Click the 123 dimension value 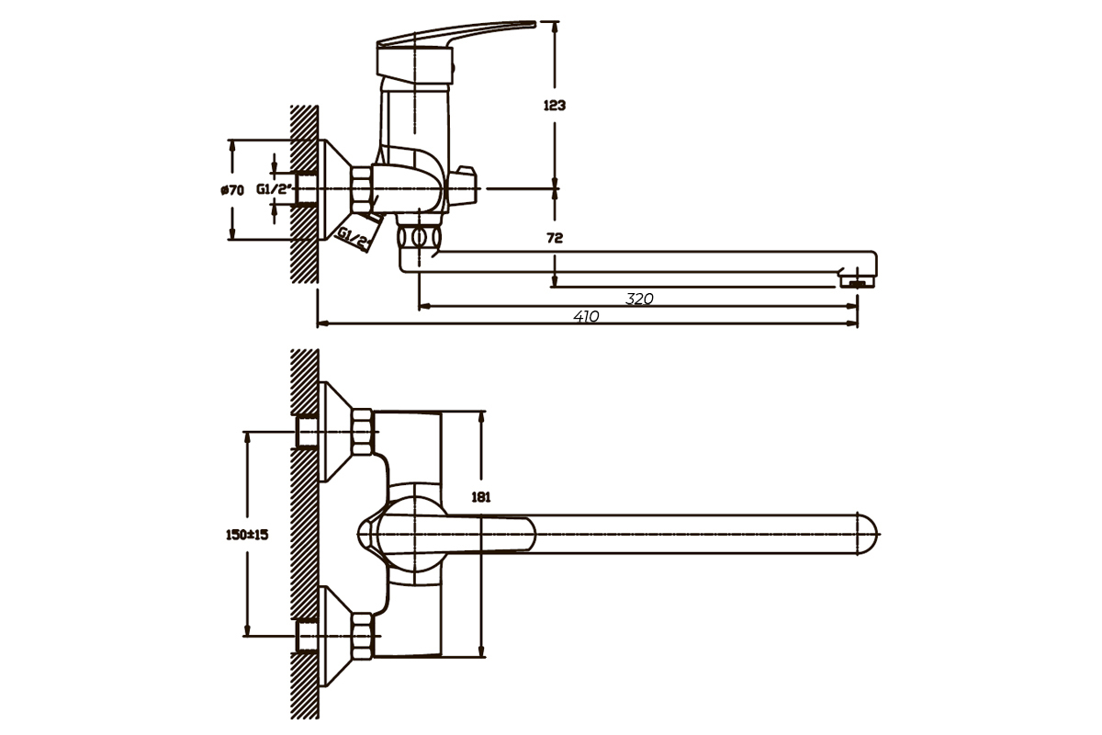555,106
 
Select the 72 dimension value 555,238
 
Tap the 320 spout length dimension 639,299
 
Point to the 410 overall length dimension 586,317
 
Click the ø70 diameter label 232,189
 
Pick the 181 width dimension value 480,497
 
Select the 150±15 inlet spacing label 247,535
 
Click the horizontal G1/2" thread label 275,188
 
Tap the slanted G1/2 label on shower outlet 354,238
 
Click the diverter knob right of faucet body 463,187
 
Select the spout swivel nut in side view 419,237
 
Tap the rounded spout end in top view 868,534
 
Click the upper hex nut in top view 363,430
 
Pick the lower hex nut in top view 363,635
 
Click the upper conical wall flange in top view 336,431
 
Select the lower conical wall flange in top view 336,636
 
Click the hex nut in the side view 361,189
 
